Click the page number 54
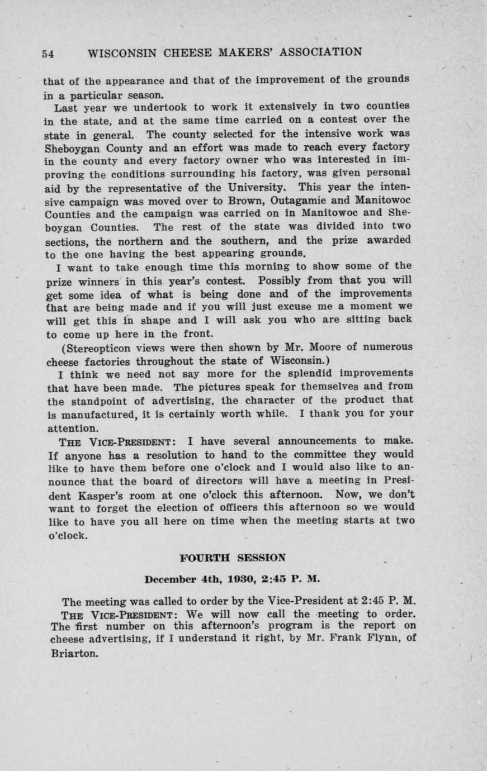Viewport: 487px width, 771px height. pos(48,54)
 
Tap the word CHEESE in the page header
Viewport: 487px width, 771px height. pos(185,53)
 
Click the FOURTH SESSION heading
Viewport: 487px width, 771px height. pos(233,558)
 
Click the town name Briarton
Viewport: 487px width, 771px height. pos(74,653)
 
